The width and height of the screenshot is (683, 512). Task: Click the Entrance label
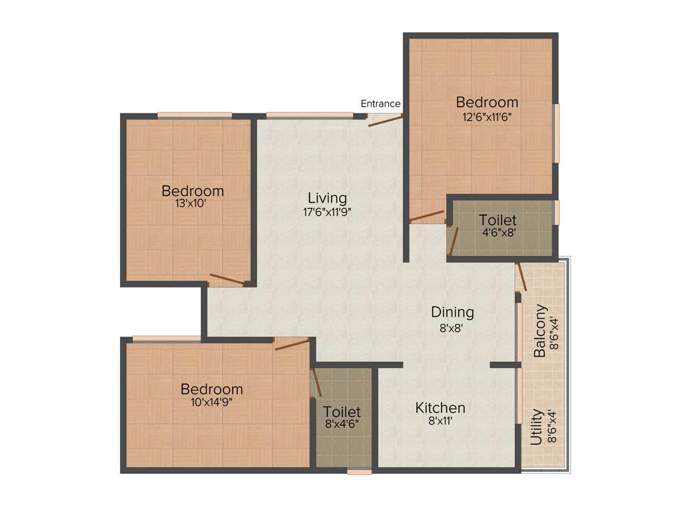click(380, 103)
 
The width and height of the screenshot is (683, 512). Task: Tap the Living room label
click(327, 198)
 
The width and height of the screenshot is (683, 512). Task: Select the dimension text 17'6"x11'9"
click(327, 211)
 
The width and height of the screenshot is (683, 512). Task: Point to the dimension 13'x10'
click(193, 204)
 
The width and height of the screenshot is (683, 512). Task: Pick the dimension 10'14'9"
click(211, 402)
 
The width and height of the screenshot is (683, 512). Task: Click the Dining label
click(452, 312)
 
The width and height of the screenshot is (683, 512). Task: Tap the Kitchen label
click(440, 407)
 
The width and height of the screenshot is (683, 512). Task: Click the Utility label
click(536, 428)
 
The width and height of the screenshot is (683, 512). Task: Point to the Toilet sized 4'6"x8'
click(498, 220)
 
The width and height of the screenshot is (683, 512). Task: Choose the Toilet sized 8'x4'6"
click(341, 412)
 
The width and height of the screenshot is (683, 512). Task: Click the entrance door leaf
click(386, 120)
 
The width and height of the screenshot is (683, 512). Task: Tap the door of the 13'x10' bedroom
click(227, 279)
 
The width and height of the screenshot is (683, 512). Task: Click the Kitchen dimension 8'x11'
click(440, 421)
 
